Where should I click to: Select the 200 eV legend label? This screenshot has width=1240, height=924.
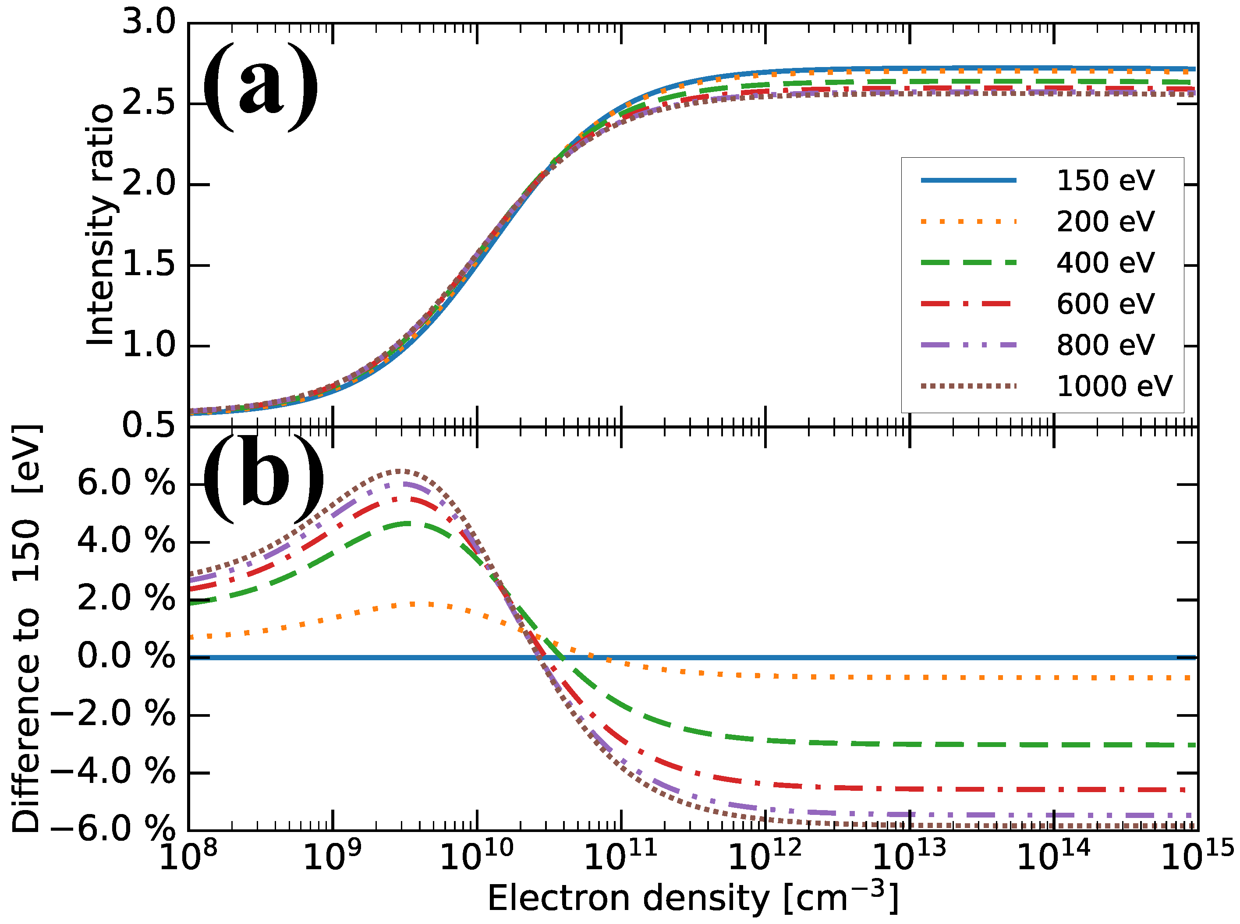1105,222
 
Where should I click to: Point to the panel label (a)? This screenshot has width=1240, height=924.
261,87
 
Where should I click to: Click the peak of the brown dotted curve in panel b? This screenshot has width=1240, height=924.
399,471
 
